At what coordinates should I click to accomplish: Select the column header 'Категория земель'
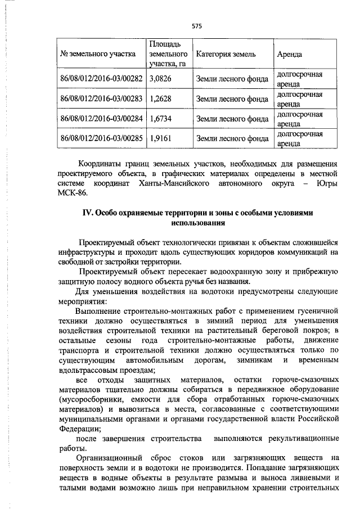tap(226, 55)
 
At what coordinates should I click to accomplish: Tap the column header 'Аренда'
tap(290, 55)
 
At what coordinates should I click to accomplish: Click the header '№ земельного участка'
tap(97, 55)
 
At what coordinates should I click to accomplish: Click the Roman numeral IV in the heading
tap(88, 213)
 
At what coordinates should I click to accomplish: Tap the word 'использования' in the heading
tap(196, 223)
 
